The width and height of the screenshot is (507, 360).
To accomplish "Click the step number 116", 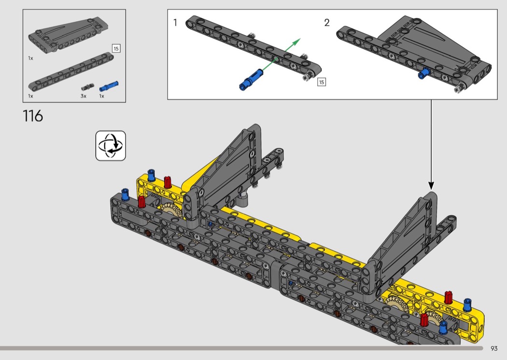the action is coord(33,116).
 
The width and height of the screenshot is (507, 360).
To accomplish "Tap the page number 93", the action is coord(494,348).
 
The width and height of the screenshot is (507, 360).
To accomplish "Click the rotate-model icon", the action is coord(111,146).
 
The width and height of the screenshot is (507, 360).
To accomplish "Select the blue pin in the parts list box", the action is coord(109,86).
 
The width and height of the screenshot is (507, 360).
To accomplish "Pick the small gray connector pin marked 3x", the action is coord(86,87).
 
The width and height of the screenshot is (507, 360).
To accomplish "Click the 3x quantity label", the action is coord(84,96).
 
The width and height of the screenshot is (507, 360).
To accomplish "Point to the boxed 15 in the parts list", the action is coord(116,48).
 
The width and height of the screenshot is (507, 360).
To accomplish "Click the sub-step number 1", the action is coord(175,23).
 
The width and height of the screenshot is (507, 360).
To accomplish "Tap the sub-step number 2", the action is coord(327,23).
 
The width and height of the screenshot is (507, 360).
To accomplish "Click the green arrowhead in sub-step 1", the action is coord(297,42).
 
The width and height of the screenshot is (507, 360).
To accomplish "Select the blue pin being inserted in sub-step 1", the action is coord(251,79).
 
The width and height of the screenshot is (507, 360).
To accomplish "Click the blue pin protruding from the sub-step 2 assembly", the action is coord(423,73).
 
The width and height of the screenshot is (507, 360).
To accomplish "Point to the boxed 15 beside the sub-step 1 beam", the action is coord(322,82).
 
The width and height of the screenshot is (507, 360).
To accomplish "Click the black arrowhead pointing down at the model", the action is coord(431,185).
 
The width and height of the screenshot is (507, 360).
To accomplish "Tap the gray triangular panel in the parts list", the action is coord(68,36).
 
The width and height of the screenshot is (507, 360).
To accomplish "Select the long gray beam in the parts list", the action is coord(71,72).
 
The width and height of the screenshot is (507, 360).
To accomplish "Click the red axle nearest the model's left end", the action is coord(141,202).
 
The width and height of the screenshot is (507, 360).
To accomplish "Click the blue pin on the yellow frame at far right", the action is coord(467,305).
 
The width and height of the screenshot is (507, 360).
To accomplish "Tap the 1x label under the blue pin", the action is coord(102,96).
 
